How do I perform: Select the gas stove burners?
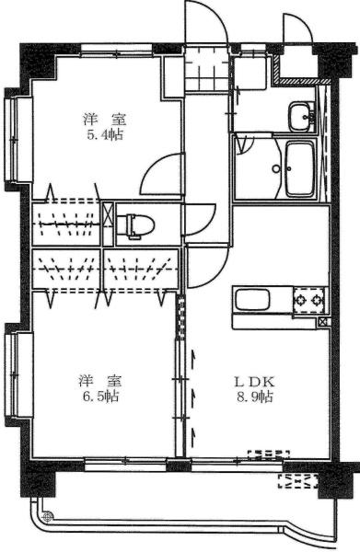(x=309, y=299)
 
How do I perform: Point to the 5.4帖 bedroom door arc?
(x=162, y=177)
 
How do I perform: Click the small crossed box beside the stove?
(x=322, y=321)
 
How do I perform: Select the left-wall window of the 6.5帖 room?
(x=13, y=377)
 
